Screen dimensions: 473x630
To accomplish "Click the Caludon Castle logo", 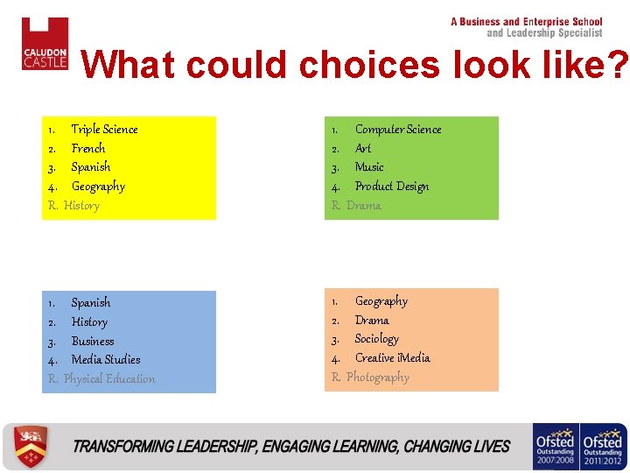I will coord(45,44).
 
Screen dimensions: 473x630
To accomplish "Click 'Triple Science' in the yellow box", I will coord(104,130).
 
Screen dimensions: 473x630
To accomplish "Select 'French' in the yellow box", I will coord(88,149).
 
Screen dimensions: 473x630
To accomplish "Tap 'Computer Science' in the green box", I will coord(397,130).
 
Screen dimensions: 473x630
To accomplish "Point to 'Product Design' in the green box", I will coord(391,187).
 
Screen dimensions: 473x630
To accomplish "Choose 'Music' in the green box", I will coord(368,167).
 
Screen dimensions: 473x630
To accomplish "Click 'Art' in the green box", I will coord(362,149).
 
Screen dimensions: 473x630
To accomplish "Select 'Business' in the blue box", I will coord(93,341).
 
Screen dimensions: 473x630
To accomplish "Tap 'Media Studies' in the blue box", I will coord(106,360).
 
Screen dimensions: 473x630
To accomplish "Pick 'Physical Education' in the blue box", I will coord(108,379).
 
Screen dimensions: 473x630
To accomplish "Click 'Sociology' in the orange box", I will coord(376,339).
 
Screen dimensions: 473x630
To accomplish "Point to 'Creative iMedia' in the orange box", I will coord(392,358).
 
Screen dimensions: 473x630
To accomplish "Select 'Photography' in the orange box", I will coord(377,378).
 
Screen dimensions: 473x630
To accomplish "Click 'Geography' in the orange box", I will coord(381,301).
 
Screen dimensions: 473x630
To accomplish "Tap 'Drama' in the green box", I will coord(363,206).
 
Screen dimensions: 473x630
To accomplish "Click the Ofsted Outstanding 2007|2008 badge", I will coord(555,447).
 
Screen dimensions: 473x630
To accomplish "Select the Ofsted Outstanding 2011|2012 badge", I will coord(604,447).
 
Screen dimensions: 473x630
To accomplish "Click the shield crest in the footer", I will coord(31,447).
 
